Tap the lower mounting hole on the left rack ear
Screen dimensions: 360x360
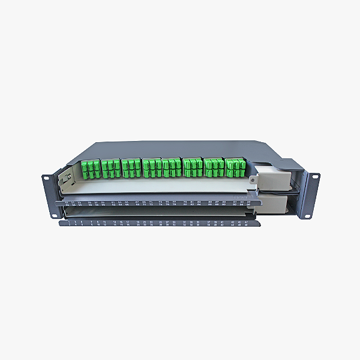tap(50, 210)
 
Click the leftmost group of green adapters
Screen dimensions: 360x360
tap(91, 169)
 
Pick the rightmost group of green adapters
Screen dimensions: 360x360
tap(235, 167)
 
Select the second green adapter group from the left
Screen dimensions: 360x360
tap(111, 169)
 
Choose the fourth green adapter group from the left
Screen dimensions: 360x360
tap(151, 167)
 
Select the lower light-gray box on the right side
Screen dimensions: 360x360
tap(273, 206)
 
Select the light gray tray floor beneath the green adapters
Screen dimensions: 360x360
tap(156, 188)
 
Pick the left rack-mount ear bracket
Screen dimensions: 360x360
tap(49, 194)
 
